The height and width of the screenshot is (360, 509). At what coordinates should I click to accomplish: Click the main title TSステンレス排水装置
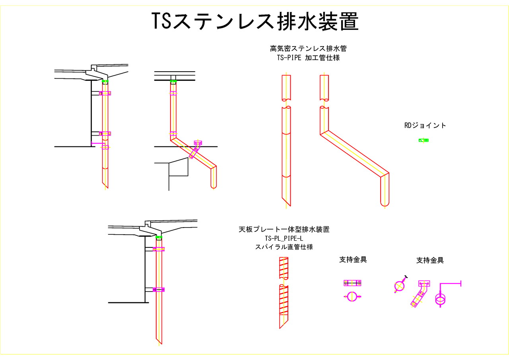255,21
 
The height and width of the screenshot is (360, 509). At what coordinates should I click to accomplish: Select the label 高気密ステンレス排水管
308,49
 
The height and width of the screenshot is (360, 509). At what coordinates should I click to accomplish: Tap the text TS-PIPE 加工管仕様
308,58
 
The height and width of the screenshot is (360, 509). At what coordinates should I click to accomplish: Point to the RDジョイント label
425,125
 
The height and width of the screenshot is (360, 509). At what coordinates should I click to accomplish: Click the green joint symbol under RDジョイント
424,140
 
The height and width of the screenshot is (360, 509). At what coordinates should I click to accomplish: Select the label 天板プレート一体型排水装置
284,230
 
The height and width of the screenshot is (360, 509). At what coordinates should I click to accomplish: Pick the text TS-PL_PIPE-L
284,238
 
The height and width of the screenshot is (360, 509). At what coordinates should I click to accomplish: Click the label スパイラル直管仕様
284,247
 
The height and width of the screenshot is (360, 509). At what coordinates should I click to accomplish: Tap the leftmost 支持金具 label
353,260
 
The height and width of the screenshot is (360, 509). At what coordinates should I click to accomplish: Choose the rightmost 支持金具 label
430,261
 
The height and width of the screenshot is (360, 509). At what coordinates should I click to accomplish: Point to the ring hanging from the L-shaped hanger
441,299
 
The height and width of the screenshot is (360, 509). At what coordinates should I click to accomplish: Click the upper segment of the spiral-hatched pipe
284,267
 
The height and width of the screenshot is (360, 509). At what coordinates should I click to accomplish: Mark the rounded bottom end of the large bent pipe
385,203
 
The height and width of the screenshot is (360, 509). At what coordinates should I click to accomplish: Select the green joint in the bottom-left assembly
159,237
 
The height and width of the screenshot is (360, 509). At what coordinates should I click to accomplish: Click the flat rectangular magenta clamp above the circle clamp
352,283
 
